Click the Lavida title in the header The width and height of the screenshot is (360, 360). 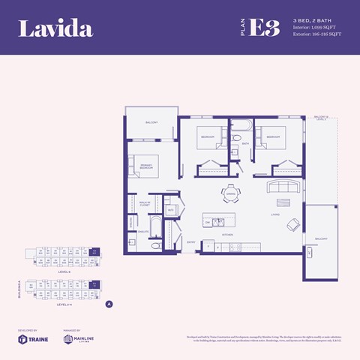[55, 29]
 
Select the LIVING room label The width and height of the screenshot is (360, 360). [275, 214]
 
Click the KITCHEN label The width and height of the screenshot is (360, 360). [226, 235]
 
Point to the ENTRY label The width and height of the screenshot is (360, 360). [190, 242]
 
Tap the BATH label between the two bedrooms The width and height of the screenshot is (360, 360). [244, 143]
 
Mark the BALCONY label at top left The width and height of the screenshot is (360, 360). [151, 122]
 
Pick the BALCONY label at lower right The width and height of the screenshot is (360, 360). [322, 238]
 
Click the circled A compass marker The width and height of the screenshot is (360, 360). [109, 304]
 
